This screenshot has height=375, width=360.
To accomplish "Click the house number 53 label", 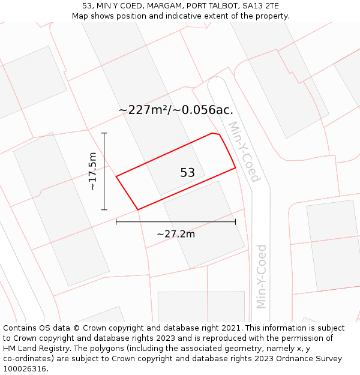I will click(x=187, y=173).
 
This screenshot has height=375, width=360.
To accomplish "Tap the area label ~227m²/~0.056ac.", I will click(x=176, y=110).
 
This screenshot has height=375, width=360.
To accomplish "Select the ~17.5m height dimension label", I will click(x=92, y=172).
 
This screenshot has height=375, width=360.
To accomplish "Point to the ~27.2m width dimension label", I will click(x=176, y=234).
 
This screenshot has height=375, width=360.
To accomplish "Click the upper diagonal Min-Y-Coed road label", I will click(x=244, y=152).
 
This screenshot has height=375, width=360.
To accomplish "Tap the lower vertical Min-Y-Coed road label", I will click(x=261, y=276).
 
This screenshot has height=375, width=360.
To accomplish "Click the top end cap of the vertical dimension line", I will click(x=104, y=133).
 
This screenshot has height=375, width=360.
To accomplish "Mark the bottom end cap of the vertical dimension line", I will click(x=104, y=209).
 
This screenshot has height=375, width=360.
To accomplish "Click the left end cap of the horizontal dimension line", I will click(x=116, y=222).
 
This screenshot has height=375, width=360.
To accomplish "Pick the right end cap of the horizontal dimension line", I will click(x=235, y=222).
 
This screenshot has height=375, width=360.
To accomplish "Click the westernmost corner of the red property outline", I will click(x=116, y=176).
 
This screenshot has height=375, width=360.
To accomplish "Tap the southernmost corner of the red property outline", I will click(x=138, y=209).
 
